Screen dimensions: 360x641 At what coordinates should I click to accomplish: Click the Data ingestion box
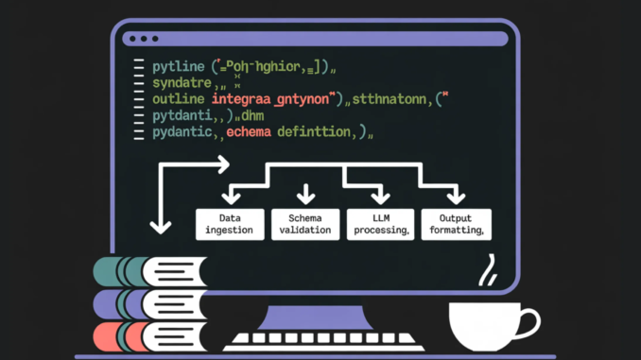[x=229, y=224]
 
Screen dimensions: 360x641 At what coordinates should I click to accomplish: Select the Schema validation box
[x=304, y=224]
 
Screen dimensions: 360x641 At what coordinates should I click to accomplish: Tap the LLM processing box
[x=379, y=224]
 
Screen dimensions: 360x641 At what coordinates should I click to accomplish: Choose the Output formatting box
[x=456, y=224]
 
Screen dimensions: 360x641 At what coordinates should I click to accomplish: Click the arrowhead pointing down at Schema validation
[x=305, y=197]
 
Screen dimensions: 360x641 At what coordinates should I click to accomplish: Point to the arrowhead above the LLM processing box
[x=380, y=197]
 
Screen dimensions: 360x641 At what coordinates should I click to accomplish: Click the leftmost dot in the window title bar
[x=130, y=39]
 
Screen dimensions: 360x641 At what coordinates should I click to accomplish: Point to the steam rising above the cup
[x=489, y=272]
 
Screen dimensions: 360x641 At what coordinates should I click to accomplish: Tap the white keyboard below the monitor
[x=320, y=341]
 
